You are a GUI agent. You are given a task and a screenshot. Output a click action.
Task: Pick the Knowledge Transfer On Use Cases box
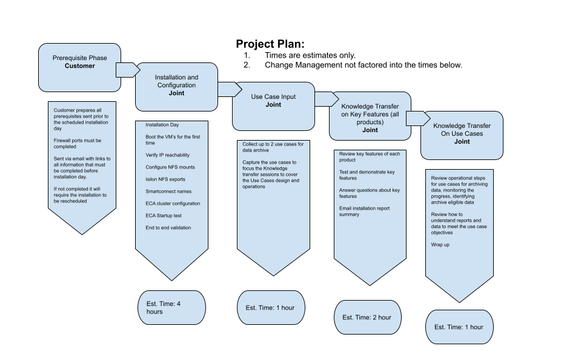pos(462,135)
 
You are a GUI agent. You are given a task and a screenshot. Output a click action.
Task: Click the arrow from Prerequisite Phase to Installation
pos(126,70)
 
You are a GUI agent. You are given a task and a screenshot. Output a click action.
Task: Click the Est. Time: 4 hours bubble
pos(171,307)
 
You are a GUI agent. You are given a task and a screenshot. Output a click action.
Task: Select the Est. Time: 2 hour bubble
pos(367,317)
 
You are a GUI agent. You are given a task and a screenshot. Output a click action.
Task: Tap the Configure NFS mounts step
pos(170,167)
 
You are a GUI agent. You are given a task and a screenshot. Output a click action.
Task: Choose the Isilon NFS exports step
pos(165,179)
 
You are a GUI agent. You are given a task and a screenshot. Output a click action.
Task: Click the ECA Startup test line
pos(164,216)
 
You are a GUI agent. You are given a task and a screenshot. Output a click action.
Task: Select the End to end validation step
pos(168,228)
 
